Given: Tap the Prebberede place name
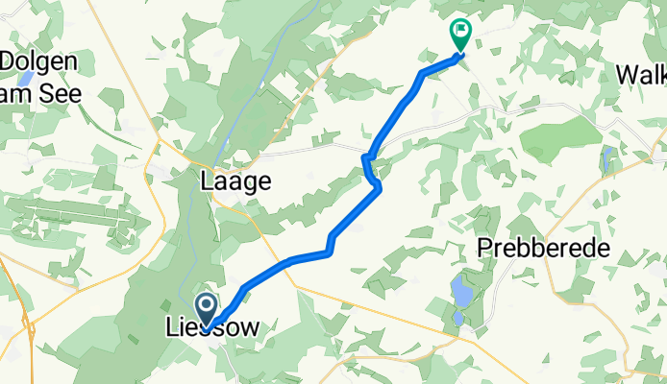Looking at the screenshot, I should [544, 249].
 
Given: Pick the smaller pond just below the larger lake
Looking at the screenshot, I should [458, 318].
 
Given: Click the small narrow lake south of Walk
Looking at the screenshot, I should [607, 157].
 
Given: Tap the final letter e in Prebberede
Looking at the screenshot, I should [604, 249].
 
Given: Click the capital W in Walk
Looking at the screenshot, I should [626, 74].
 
